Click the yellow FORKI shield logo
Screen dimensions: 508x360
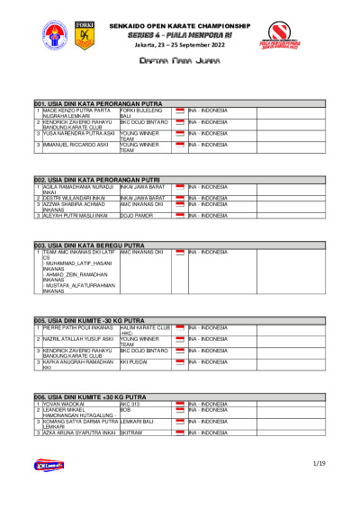[85, 36]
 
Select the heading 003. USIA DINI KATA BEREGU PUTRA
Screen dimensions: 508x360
[82, 245]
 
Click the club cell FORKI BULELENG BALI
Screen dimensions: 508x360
[139, 113]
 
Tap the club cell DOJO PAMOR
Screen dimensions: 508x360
[137, 216]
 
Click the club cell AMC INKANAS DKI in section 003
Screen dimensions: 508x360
[141, 252]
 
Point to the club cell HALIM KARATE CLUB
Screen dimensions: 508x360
[144, 329]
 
